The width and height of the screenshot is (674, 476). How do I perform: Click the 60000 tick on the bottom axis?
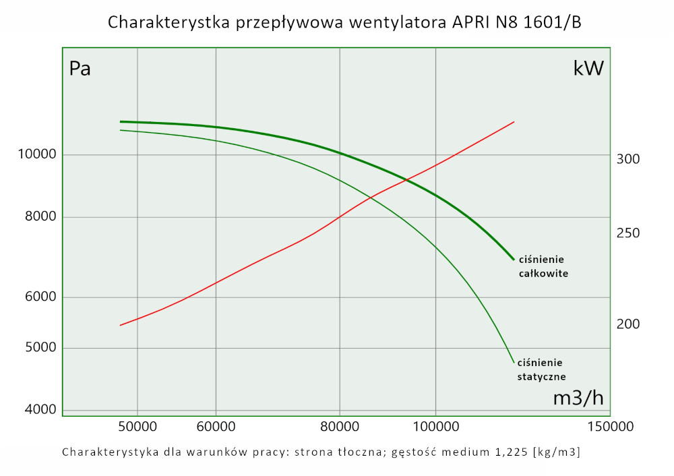216,427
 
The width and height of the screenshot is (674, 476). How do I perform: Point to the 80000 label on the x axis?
339,427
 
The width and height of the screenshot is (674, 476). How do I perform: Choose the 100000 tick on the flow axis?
435,427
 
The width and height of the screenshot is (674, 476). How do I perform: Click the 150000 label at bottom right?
611,427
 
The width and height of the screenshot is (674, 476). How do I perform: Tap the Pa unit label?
80,69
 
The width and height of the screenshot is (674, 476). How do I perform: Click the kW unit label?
588,69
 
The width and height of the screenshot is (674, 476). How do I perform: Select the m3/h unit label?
578,398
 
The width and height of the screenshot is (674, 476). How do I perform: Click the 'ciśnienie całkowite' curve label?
543,266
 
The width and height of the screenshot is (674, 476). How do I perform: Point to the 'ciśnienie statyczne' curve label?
541,369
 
